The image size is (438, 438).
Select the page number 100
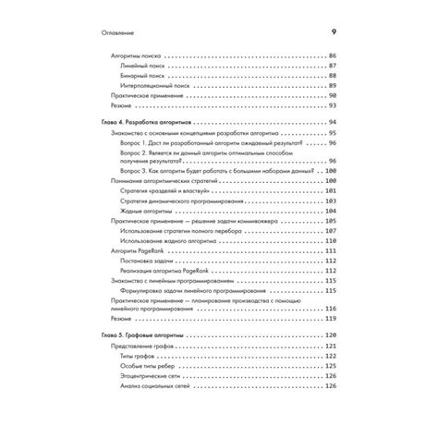click(332, 171)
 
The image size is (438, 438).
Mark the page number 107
click(332, 230)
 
